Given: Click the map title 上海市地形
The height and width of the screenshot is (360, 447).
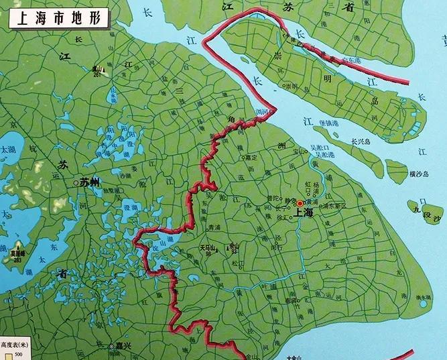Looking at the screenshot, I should (56, 18).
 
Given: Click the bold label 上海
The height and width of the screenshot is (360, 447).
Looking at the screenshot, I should (304, 213).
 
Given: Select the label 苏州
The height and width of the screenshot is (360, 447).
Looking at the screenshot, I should (89, 181).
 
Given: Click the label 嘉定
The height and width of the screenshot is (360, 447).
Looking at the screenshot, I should (251, 157).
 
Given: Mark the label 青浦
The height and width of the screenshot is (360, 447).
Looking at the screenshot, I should (214, 227).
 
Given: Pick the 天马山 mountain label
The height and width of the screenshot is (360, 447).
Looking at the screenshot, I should (208, 247).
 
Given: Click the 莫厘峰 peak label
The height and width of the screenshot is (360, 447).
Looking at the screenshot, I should (17, 255).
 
